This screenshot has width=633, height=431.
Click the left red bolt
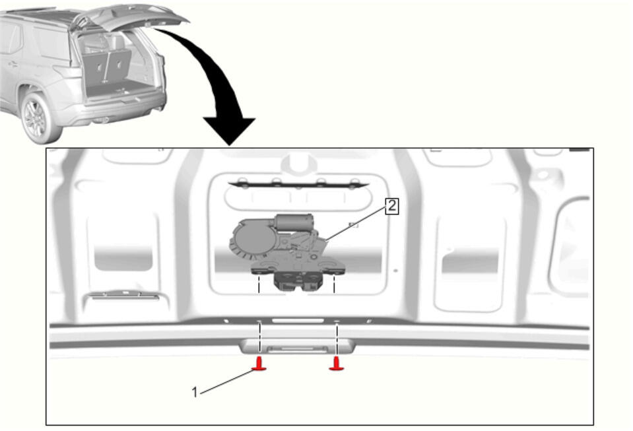point(259,364)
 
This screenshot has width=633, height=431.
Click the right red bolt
point(336,364)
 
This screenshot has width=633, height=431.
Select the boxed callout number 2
point(391,206)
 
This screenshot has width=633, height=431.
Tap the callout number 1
point(195,392)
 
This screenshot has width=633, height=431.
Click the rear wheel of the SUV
point(37,118)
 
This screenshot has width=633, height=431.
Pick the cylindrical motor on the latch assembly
point(294,222)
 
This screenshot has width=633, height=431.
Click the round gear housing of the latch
point(253,238)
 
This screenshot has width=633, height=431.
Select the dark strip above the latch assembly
point(298,185)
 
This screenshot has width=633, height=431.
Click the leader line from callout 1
point(226,381)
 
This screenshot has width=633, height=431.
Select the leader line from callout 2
point(356,224)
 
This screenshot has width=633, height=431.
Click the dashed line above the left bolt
point(259,318)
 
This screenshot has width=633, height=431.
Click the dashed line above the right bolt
point(336,318)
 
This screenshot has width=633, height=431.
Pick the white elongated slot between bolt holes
point(298,321)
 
